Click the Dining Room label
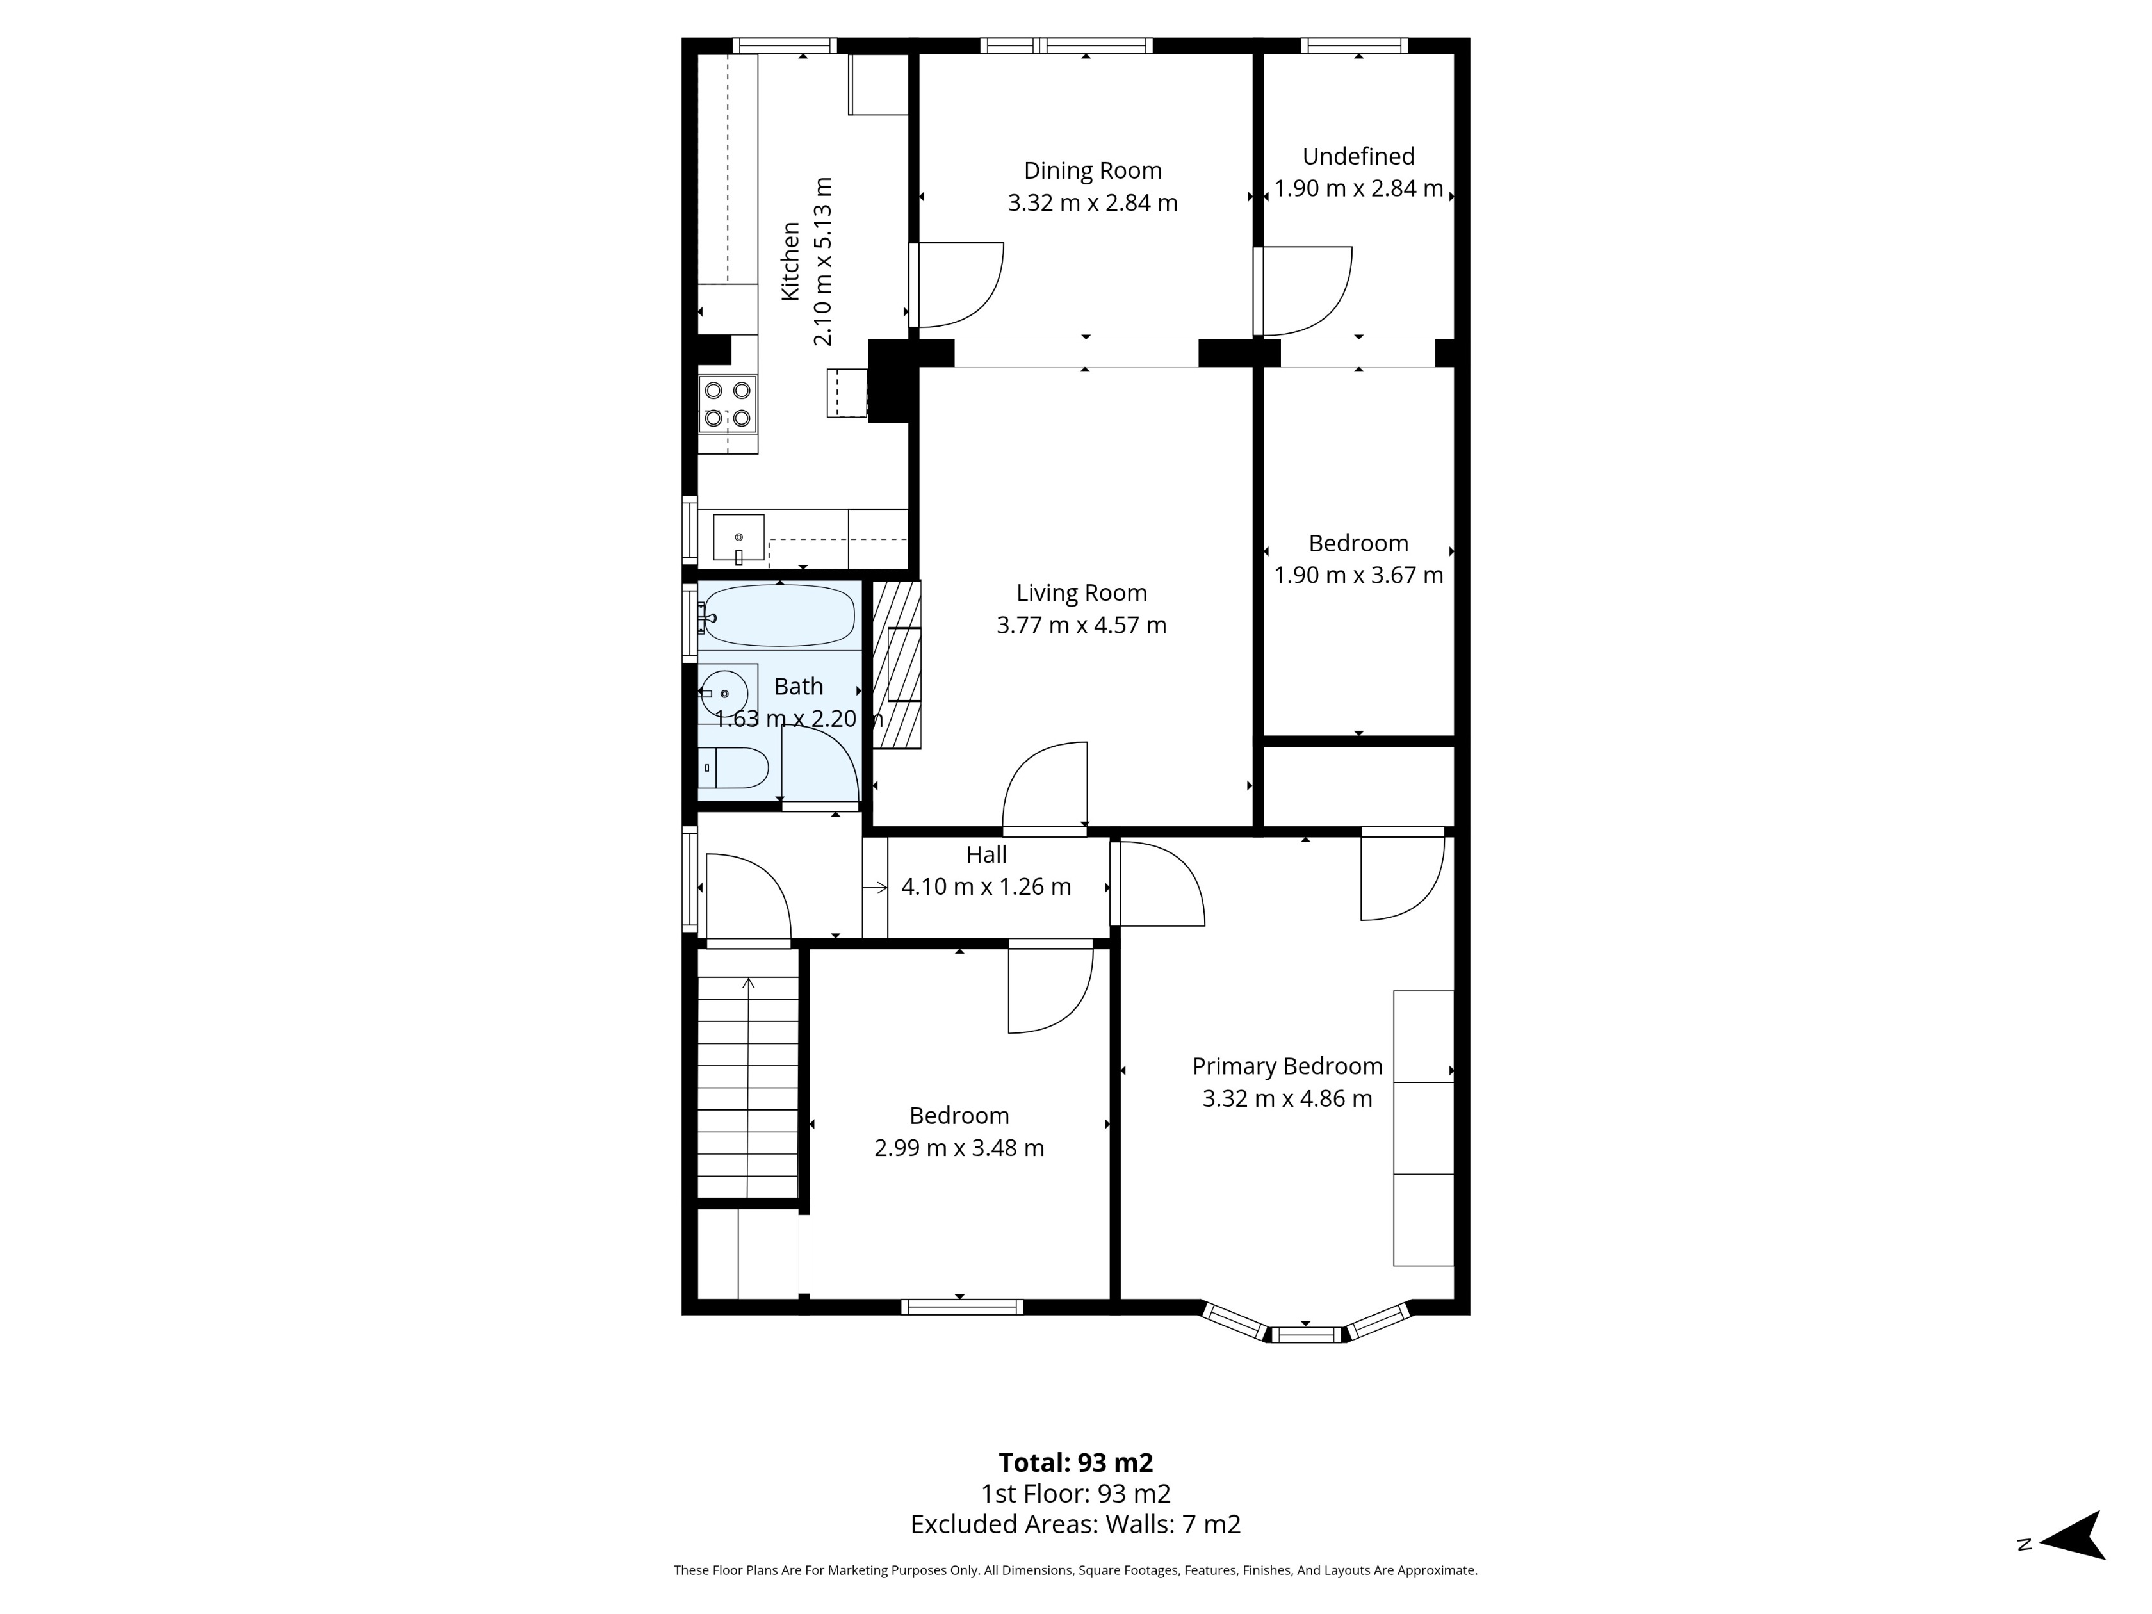(1093, 170)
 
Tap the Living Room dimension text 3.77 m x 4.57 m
(1081, 624)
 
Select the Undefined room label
(1358, 156)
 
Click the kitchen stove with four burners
(728, 403)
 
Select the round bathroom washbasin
(723, 693)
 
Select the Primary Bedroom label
(1286, 1066)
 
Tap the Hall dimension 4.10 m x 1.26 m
(986, 886)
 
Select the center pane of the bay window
(1305, 1335)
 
